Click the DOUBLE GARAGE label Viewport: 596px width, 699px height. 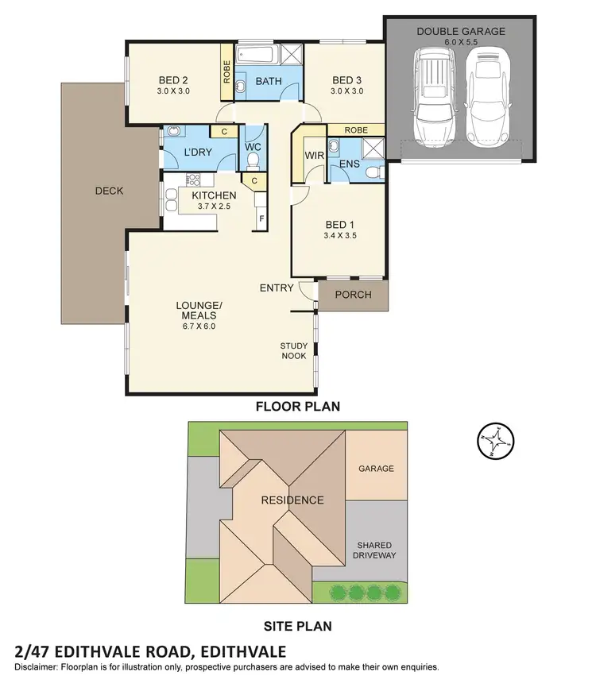(461, 31)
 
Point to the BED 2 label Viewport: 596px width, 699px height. (173, 79)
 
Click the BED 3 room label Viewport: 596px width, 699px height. (347, 79)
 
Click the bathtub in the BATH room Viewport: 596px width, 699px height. (257, 56)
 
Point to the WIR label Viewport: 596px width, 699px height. (315, 155)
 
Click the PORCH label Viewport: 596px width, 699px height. (354, 295)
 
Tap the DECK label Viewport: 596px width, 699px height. (109, 191)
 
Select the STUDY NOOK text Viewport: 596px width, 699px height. (293, 350)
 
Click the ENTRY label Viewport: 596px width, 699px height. (277, 288)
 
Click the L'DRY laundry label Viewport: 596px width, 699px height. (196, 151)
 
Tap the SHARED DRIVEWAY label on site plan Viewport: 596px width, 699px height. (376, 550)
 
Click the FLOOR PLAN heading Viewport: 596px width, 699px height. (297, 406)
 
